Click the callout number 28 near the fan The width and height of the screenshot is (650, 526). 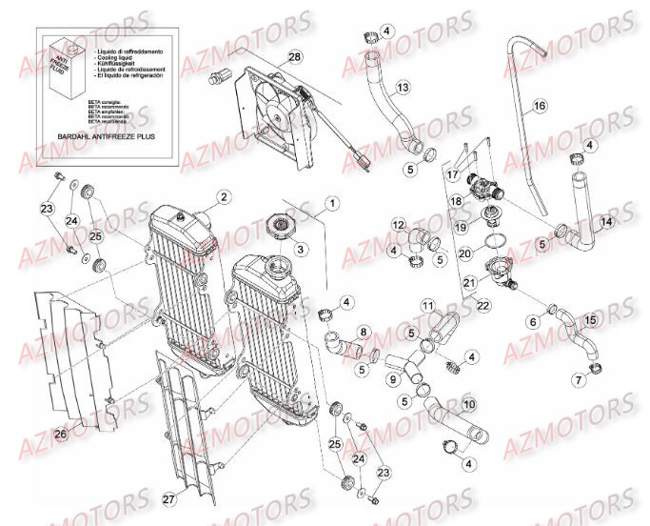pyautogui.click(x=295, y=58)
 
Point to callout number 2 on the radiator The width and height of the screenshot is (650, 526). pyautogui.click(x=223, y=197)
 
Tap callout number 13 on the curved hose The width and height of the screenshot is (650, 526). pyautogui.click(x=404, y=88)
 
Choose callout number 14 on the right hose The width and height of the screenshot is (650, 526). pyautogui.click(x=606, y=221)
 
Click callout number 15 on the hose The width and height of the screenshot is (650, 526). pyautogui.click(x=591, y=320)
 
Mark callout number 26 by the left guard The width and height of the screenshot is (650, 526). pyautogui.click(x=61, y=435)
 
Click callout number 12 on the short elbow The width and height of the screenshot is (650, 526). pyautogui.click(x=398, y=224)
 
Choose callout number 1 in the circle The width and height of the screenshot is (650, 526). pyautogui.click(x=332, y=203)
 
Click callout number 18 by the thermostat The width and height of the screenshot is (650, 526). pyautogui.click(x=456, y=201)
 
